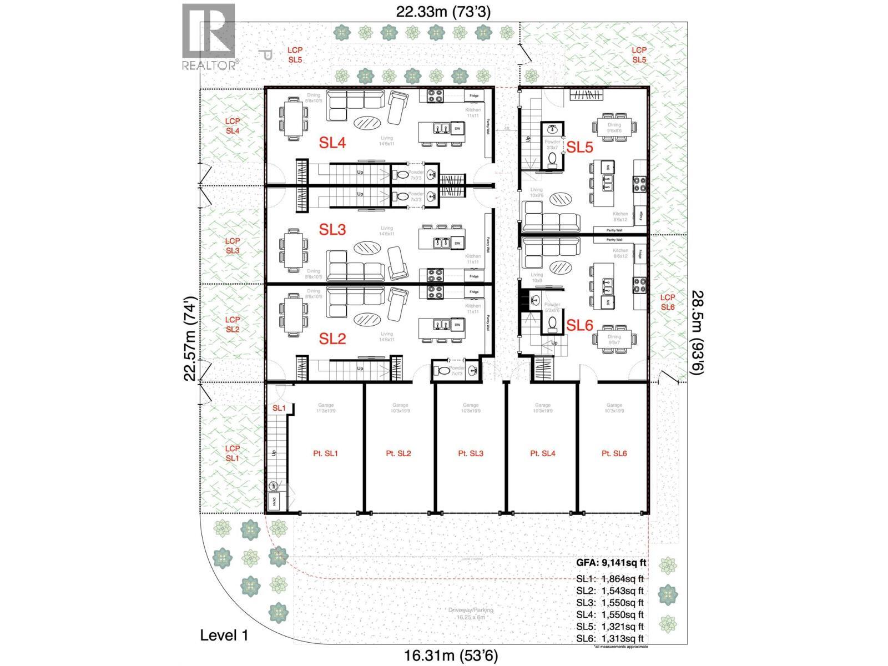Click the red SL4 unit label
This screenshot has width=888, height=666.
332,143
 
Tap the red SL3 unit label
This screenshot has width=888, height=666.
332,229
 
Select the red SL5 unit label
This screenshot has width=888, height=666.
579,147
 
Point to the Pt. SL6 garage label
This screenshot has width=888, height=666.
614,453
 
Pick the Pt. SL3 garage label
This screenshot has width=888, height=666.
471,453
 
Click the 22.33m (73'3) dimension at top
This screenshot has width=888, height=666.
443,12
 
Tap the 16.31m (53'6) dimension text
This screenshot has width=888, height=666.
447,656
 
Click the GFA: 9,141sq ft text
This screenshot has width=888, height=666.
611,563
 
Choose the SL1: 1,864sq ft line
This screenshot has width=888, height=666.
609,579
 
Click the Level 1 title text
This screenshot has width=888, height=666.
224,635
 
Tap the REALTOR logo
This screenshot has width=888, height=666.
209,37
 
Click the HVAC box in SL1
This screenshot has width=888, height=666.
274,502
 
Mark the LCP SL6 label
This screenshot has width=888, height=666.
668,302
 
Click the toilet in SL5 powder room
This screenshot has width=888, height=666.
552,159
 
